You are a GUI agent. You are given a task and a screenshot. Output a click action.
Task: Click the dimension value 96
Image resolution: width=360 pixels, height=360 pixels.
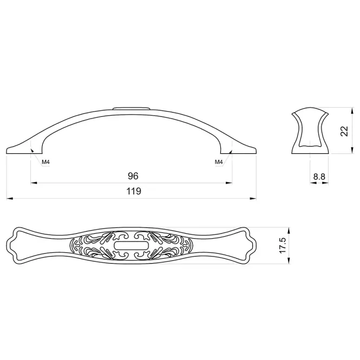(x=133, y=176)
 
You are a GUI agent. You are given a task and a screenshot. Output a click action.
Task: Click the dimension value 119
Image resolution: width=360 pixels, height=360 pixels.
(x=134, y=191)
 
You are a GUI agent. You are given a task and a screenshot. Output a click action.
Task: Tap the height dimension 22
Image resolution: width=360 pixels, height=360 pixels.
(x=344, y=131)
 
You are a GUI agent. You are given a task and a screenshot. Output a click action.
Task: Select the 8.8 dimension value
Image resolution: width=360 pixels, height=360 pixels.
(x=319, y=177)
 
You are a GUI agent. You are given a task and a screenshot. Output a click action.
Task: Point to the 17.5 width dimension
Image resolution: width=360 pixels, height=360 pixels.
(x=283, y=245)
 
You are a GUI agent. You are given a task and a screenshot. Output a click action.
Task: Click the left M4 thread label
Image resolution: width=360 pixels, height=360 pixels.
(x=45, y=162)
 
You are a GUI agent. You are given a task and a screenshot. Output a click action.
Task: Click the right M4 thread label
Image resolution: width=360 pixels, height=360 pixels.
(x=219, y=162)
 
